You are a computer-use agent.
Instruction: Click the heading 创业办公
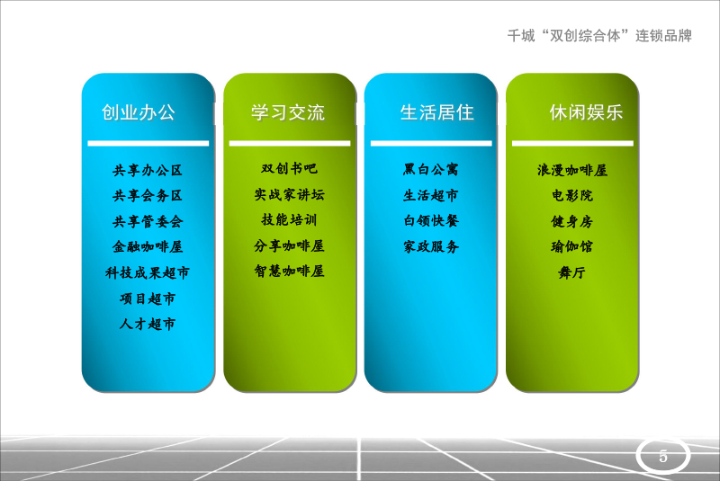click(139, 112)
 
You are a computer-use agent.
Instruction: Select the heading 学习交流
click(288, 112)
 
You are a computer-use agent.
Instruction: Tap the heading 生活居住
click(436, 112)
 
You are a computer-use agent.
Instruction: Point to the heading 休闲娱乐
click(587, 112)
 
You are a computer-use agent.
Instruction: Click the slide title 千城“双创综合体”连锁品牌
click(599, 36)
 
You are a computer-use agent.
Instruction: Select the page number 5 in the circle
click(663, 456)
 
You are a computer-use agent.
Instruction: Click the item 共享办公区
click(148, 171)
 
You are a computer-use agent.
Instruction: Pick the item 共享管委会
click(148, 222)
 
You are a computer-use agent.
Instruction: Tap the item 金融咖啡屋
click(148, 247)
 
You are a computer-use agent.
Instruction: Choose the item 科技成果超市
click(148, 272)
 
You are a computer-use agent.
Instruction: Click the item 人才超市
click(148, 325)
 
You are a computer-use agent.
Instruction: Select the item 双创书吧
click(289, 169)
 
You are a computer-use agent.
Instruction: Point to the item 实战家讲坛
click(289, 195)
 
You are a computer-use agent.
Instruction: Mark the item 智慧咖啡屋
click(289, 271)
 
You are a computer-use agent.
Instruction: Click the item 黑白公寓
click(431, 170)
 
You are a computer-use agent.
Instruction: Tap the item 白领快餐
click(431, 221)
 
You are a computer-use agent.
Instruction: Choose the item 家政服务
click(431, 247)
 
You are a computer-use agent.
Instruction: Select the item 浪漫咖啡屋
click(572, 171)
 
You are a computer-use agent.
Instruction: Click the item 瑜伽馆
click(572, 247)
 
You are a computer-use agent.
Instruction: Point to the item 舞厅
click(572, 272)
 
